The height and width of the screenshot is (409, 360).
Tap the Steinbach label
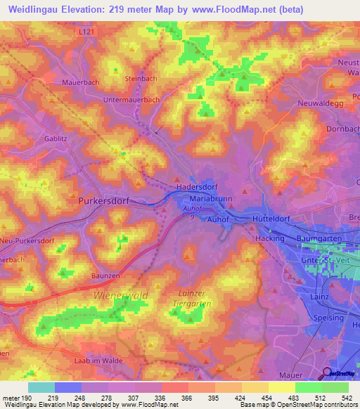pyautogui.click(x=141, y=79)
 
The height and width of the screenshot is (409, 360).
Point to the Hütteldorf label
pyautogui.click(x=271, y=219)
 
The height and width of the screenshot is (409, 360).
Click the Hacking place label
pyautogui.click(x=268, y=239)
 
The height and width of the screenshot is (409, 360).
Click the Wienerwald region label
pyautogui.click(x=121, y=296)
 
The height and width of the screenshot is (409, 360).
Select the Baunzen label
pyautogui.click(x=105, y=276)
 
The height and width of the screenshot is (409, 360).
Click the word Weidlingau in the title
pyautogui.click(x=39, y=11)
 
